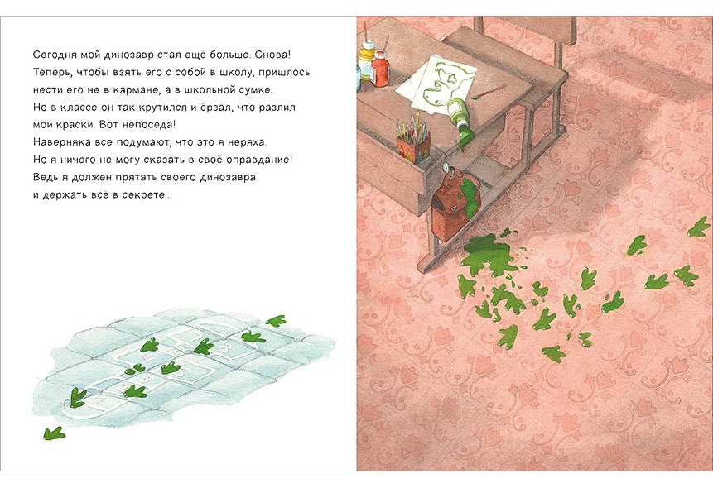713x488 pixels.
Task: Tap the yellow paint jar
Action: click(x=366, y=60)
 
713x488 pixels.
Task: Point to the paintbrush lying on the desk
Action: click(x=489, y=93)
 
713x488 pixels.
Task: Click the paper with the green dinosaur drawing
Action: click(x=436, y=85)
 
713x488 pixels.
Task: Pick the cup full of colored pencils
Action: click(x=413, y=141)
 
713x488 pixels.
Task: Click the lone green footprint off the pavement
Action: click(x=54, y=433)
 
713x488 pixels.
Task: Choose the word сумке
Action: click(x=257, y=90)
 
